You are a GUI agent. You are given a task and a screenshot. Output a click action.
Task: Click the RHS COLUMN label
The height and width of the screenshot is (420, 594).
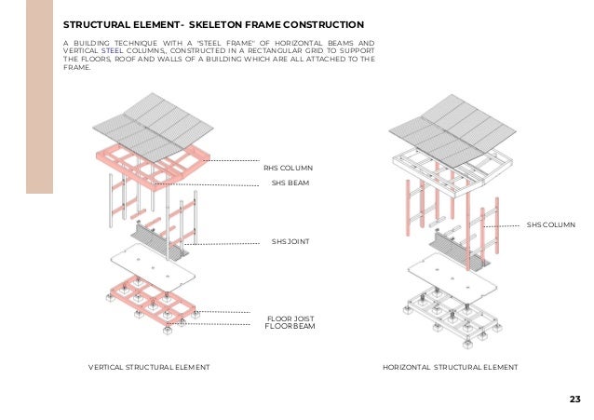(288, 168)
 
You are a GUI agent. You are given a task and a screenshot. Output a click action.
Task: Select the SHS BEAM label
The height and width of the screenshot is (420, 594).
(289, 183)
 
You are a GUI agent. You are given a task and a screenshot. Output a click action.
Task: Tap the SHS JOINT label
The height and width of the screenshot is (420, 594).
(290, 242)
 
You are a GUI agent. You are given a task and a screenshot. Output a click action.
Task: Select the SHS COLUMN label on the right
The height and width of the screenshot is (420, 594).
(551, 224)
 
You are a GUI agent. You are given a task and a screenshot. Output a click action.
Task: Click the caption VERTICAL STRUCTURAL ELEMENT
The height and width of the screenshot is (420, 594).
(148, 368)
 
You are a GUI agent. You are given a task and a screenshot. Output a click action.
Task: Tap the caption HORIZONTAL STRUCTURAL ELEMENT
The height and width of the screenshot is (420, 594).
(451, 368)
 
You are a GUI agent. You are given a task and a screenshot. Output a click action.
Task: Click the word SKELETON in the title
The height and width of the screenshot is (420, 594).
(220, 23)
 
